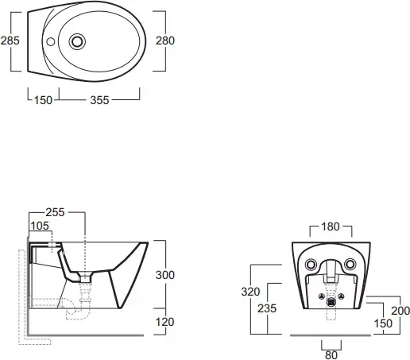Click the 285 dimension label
click(x=10, y=41)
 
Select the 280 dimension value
click(x=165, y=41)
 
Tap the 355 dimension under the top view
click(x=99, y=100)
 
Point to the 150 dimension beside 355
click(x=43, y=100)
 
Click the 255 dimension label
click(x=55, y=212)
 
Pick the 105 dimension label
click(x=40, y=226)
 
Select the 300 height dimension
click(x=165, y=275)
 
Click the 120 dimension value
click(x=164, y=322)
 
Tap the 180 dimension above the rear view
click(x=331, y=226)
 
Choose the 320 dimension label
click(x=250, y=292)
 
